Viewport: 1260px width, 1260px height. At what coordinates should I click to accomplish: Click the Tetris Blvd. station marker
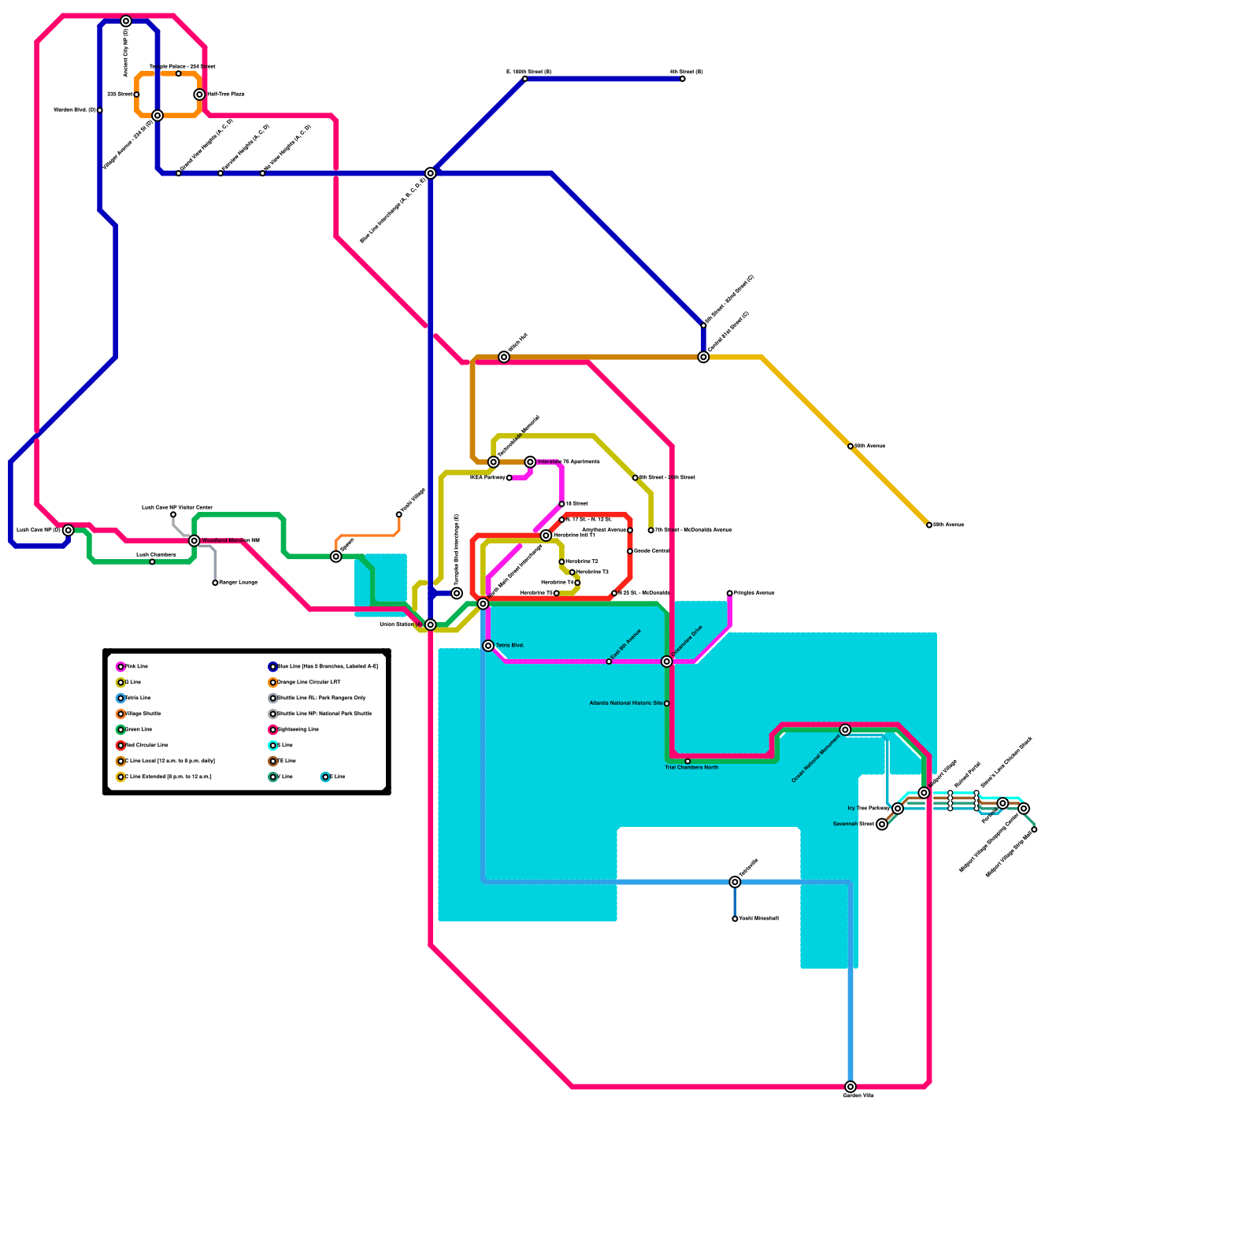point(488,646)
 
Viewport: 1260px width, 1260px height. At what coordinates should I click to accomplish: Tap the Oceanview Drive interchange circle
point(667,661)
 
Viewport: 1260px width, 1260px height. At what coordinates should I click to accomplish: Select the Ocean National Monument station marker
point(845,730)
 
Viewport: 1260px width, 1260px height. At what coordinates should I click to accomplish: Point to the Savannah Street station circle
point(882,825)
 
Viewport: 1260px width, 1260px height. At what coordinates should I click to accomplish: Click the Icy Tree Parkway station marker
point(898,809)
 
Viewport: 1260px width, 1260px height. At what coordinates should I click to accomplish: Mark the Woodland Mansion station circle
point(195,541)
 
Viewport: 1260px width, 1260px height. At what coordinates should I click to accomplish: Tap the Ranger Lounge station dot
point(215,583)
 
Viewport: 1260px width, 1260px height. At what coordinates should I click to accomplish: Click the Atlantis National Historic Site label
point(625,703)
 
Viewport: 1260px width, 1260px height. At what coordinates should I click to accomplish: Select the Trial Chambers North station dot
point(687,762)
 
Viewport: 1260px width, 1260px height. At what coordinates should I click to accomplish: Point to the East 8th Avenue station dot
point(609,661)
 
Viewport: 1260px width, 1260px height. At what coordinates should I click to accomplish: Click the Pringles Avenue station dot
point(730,593)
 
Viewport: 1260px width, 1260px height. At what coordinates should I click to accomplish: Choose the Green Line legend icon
point(120,730)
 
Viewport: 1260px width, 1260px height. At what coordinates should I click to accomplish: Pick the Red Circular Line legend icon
point(120,746)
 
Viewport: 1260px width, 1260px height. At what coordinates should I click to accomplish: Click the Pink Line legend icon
point(120,667)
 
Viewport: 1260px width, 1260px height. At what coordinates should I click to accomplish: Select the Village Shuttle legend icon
point(120,714)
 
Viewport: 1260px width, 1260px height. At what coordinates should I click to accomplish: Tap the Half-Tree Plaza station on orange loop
point(200,94)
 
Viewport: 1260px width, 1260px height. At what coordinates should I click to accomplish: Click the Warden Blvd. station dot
point(100,110)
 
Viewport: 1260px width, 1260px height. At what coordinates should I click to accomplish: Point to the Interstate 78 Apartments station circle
point(530,462)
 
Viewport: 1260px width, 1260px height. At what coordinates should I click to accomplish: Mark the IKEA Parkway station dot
point(510,478)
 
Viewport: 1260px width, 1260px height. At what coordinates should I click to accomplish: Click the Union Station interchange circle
point(431,624)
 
